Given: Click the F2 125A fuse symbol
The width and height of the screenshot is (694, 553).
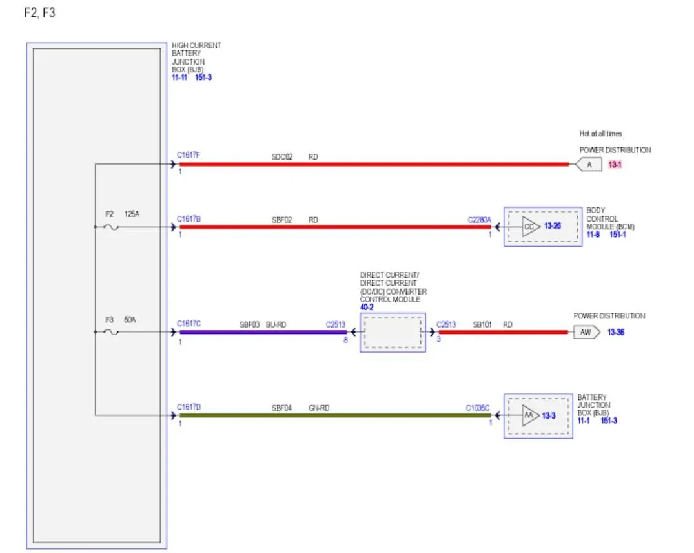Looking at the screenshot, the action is pyautogui.click(x=111, y=227).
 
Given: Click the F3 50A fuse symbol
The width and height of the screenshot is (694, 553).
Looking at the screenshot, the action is pyautogui.click(x=111, y=332).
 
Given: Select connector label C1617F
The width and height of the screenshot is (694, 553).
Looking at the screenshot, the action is pyautogui.click(x=189, y=155).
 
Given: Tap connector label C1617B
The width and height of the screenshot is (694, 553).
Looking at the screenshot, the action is pyautogui.click(x=189, y=219).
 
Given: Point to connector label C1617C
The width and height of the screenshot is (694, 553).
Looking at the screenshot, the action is pyautogui.click(x=189, y=324).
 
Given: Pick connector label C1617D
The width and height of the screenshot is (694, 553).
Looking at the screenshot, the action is pyautogui.click(x=189, y=407).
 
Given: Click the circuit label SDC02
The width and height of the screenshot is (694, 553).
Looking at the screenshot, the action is pyautogui.click(x=282, y=157).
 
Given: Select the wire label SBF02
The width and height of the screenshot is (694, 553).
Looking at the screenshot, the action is pyautogui.click(x=282, y=220).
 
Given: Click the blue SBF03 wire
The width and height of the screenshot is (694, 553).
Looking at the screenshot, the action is pyautogui.click(x=263, y=332).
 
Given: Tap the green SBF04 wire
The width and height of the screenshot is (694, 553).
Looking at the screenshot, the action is pyautogui.click(x=335, y=415).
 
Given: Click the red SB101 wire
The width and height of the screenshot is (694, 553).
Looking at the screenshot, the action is pyautogui.click(x=504, y=332).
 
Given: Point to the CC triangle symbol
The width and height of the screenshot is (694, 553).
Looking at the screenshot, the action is pyautogui.click(x=531, y=227).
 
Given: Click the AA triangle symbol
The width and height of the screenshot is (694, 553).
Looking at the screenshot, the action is pyautogui.click(x=530, y=415).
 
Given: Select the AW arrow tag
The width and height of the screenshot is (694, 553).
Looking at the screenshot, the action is pyautogui.click(x=587, y=332).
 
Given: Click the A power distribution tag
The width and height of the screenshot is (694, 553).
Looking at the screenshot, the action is pyautogui.click(x=589, y=164).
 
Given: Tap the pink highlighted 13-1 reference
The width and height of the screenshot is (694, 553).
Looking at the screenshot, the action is pyautogui.click(x=615, y=165).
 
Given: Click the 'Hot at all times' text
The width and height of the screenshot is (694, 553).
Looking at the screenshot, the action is pyautogui.click(x=600, y=134).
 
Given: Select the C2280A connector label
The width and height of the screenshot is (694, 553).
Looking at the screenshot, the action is pyautogui.click(x=479, y=220).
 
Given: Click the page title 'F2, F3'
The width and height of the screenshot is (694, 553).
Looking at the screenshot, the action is pyautogui.click(x=40, y=13).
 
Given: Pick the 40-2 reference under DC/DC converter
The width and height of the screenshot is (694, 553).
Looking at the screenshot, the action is pyautogui.click(x=367, y=308).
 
